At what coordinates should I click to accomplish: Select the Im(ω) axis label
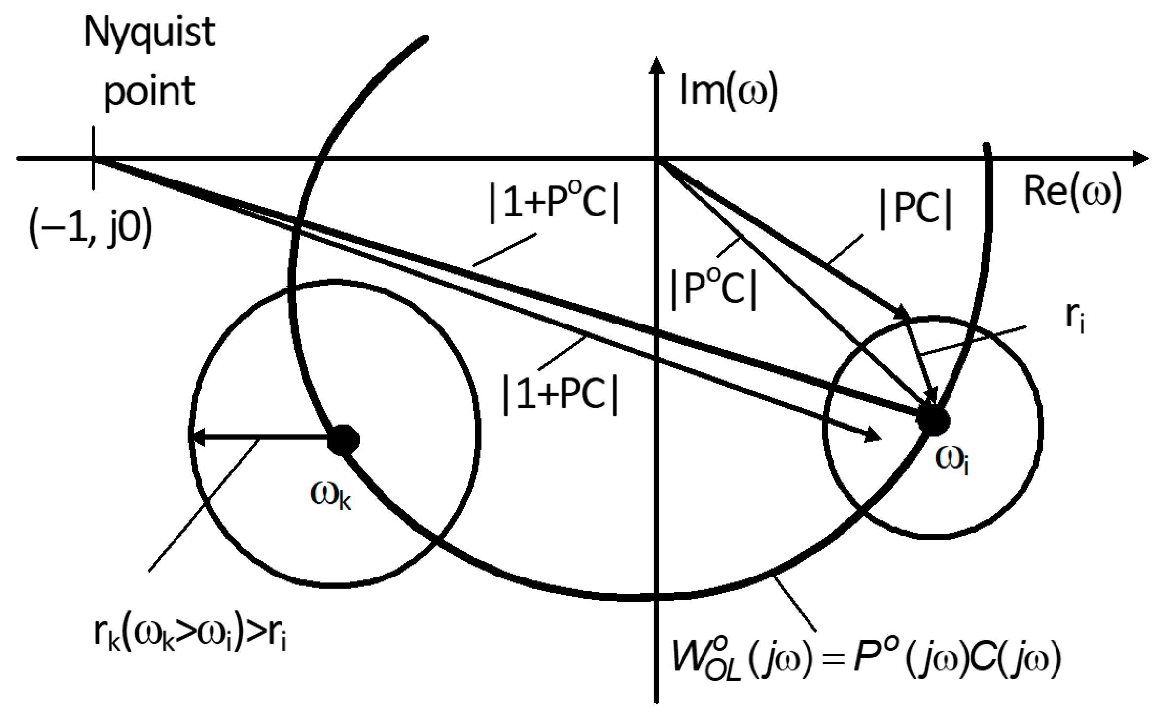tap(728, 91)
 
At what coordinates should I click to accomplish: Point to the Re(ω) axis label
tap(1073, 192)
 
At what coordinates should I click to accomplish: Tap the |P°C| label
tap(714, 289)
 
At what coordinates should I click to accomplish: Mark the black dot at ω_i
tap(932, 421)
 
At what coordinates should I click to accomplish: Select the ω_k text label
tap(331, 495)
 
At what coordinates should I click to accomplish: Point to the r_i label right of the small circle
tap(1075, 317)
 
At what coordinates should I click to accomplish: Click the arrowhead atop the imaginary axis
tap(656, 66)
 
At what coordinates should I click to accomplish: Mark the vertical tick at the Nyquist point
tap(93, 158)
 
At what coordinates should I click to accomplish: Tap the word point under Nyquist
tap(149, 92)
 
